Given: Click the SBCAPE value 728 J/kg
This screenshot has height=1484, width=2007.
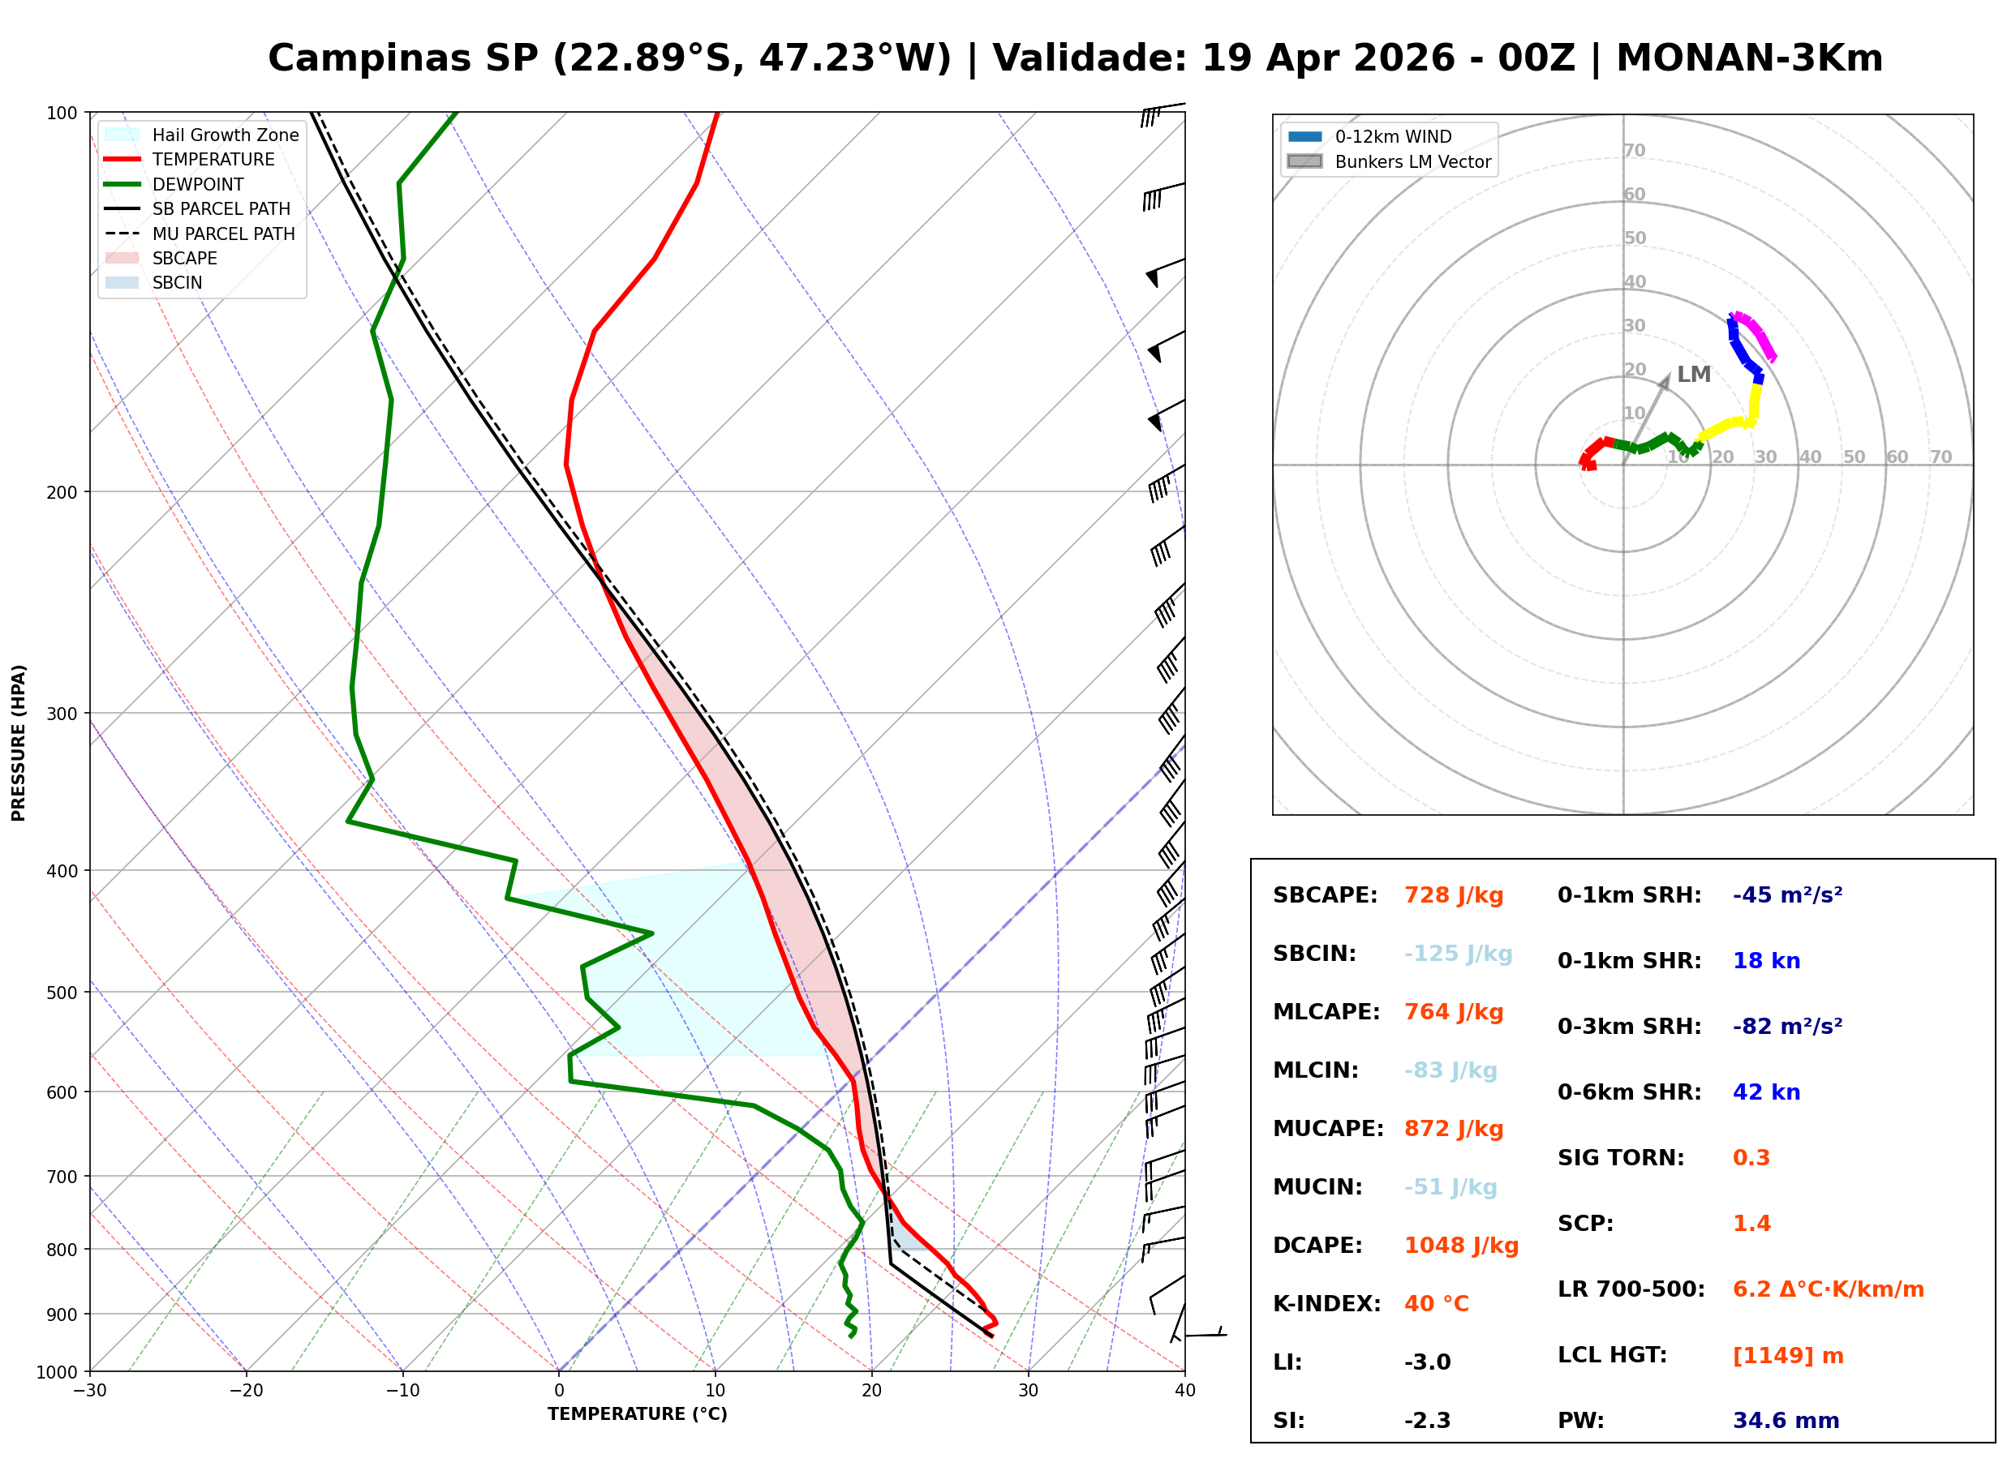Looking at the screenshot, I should (1453, 895).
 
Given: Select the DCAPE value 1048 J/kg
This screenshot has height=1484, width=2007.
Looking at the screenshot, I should (1461, 1246).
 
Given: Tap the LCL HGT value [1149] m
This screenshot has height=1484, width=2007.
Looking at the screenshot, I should (1787, 1356).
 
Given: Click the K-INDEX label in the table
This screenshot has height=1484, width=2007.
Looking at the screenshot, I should (1326, 1304).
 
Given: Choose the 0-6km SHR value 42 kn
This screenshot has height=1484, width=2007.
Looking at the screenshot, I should (1765, 1092).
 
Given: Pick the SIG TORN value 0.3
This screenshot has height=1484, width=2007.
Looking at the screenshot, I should (1750, 1158).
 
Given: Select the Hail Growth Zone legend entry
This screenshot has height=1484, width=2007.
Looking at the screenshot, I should (225, 135).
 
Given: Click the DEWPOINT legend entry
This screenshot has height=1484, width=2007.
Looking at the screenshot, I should (198, 184).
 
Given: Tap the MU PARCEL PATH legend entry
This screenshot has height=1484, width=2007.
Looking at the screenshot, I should (223, 234).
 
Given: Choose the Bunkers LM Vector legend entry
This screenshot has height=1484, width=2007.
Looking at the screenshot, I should (1412, 161).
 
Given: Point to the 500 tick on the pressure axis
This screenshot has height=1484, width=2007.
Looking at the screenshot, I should (61, 993).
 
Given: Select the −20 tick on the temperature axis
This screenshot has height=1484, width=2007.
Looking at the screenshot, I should (245, 1391).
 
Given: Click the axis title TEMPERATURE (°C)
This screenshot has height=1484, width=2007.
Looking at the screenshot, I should (637, 1414).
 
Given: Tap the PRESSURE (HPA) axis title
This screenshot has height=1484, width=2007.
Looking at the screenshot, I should (19, 742).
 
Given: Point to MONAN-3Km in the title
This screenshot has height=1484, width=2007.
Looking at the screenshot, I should (1748, 58).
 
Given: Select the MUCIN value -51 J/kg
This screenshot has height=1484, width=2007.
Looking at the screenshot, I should (1450, 1187).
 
